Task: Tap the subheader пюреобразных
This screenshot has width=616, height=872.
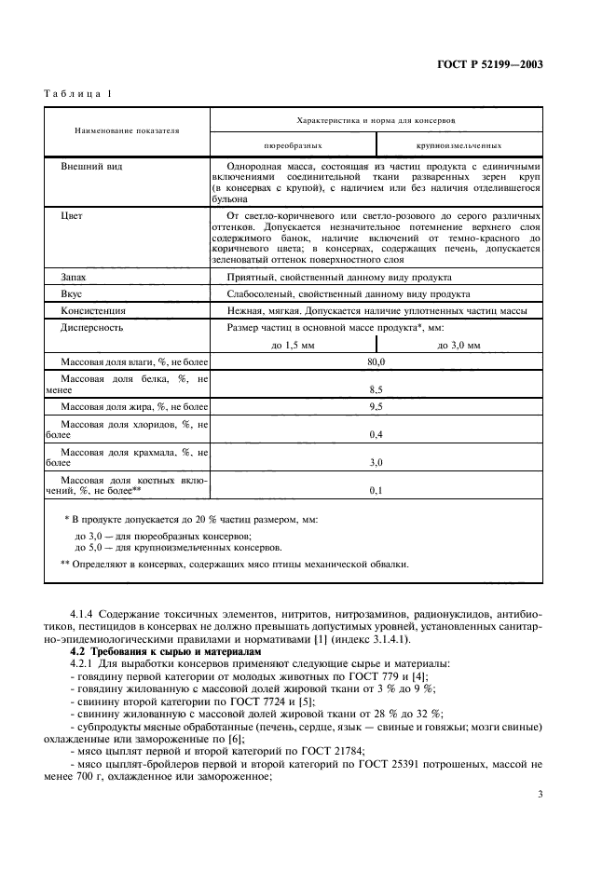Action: click(294, 146)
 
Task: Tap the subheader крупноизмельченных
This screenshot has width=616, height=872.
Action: click(459, 146)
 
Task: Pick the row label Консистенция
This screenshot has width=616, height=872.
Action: click(94, 310)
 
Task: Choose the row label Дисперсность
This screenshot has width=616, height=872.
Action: click(92, 327)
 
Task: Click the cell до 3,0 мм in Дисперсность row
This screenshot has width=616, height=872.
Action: click(459, 345)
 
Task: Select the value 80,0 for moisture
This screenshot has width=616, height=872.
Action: click(376, 361)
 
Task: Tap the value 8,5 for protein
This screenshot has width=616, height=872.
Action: click(376, 388)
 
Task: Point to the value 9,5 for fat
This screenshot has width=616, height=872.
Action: click(376, 407)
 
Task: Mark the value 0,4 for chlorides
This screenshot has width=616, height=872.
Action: click(376, 434)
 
